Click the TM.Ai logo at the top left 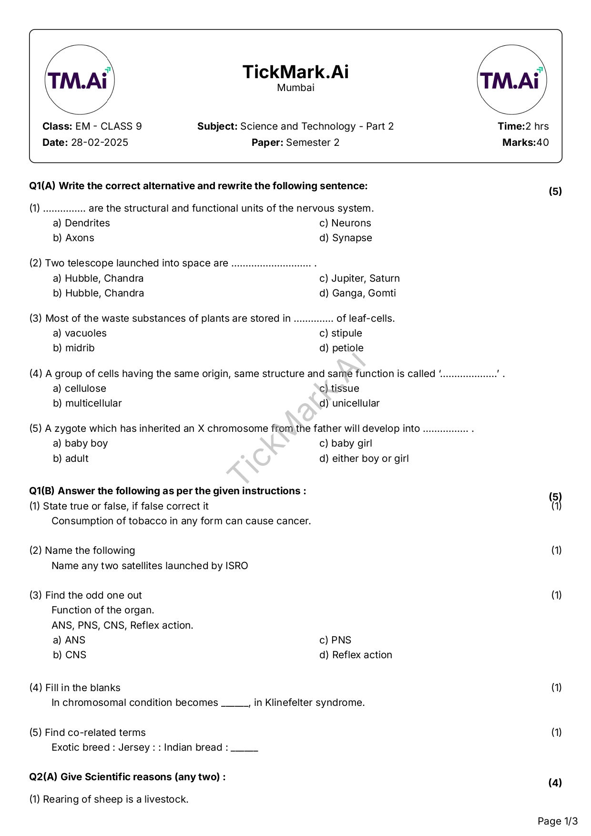pos(80,80)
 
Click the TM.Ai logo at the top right pos(511,80)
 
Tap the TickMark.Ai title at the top pos(295,72)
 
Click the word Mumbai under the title pos(295,88)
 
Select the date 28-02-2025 pos(100,143)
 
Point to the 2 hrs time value pos(537,126)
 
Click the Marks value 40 pos(542,143)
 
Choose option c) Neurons pos(345,223)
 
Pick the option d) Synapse pos(346,238)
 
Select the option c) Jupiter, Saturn pos(359,278)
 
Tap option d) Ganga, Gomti pos(357,293)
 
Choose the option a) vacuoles pos(80,333)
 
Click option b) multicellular pos(87,403)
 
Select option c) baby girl pos(346,443)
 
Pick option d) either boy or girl pos(364,459)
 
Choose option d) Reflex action pos(356,655)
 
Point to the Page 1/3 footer pos(557,821)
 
